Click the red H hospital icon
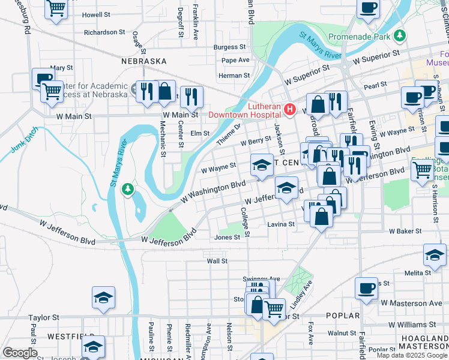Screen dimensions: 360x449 click(290, 109)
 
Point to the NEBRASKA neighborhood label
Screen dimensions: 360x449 click(143, 61)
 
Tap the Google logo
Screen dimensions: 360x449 click(20, 353)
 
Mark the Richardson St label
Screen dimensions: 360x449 click(104, 32)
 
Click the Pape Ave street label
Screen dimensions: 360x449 click(235, 60)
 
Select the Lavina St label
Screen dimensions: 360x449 click(281, 224)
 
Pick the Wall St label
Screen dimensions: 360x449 click(217, 261)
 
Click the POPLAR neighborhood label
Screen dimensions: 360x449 click(342, 316)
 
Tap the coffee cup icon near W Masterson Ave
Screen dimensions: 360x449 click(366, 288)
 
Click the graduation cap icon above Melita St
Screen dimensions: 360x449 click(435, 254)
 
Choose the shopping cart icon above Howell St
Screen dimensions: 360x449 click(56, 8)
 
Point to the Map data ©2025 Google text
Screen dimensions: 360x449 click(412, 355)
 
